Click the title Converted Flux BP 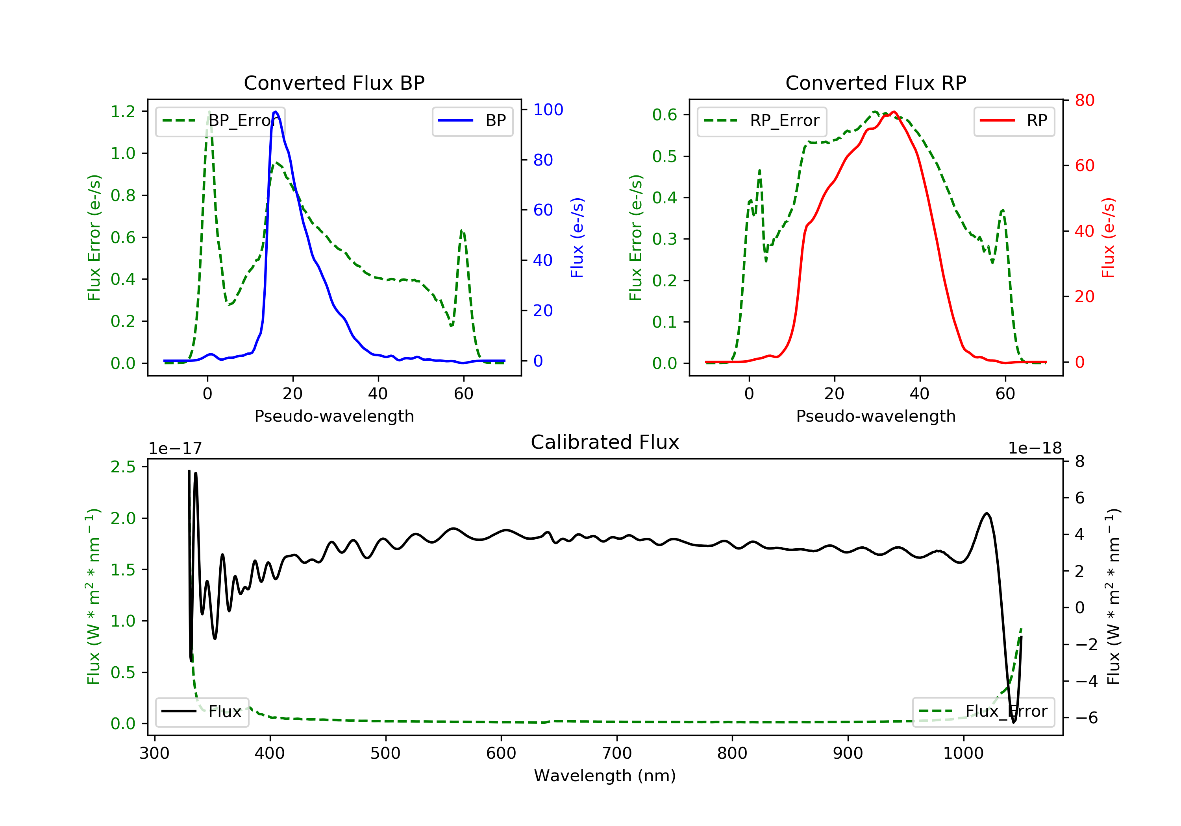click(x=334, y=83)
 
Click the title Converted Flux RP click(x=876, y=83)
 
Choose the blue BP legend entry click(x=472, y=121)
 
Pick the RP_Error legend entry click(x=762, y=121)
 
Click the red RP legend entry click(x=1014, y=121)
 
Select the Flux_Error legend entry click(x=983, y=712)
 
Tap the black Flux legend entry click(x=202, y=712)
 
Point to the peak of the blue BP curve click(x=276, y=112)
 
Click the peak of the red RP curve click(x=894, y=112)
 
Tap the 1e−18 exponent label click(x=1035, y=448)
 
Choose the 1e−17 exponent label click(x=175, y=448)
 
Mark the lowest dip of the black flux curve click(x=1014, y=722)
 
